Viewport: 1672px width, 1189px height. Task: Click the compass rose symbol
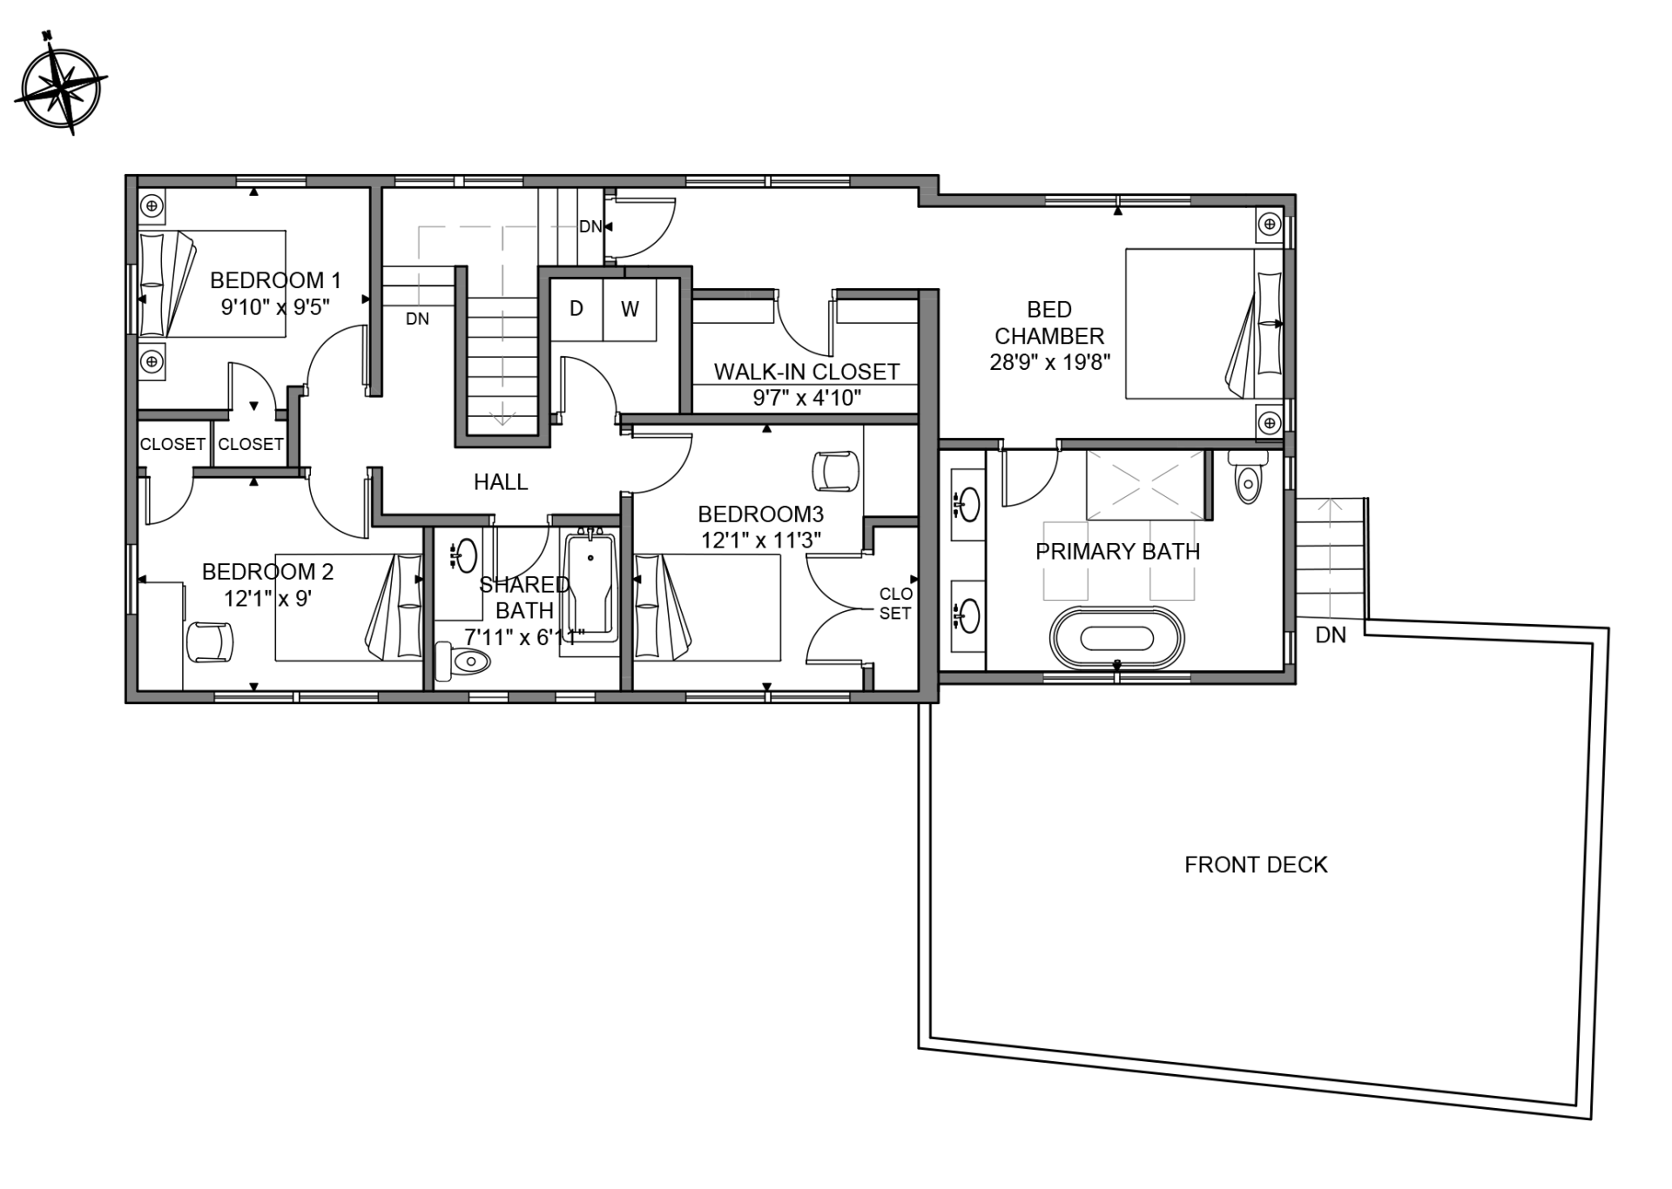(60, 84)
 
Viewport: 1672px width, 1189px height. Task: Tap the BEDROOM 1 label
(275, 280)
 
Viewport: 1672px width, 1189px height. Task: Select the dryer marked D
(576, 309)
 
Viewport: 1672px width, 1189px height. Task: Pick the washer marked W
(630, 309)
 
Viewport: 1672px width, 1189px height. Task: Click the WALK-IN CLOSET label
(806, 372)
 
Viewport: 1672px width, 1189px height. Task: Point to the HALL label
(501, 482)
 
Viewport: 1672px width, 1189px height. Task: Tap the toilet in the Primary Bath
(1248, 475)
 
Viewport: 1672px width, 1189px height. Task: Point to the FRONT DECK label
(1256, 864)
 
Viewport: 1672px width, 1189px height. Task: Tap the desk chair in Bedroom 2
(210, 642)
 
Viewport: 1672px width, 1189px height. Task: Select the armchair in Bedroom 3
(835, 471)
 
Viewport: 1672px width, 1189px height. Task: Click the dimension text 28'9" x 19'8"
(1050, 362)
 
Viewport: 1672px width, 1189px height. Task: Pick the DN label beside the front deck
(1331, 635)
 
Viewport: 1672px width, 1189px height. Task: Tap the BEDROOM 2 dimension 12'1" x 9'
(267, 599)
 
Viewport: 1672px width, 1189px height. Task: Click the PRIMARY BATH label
(1118, 552)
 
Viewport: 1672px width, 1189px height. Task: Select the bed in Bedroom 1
(212, 284)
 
